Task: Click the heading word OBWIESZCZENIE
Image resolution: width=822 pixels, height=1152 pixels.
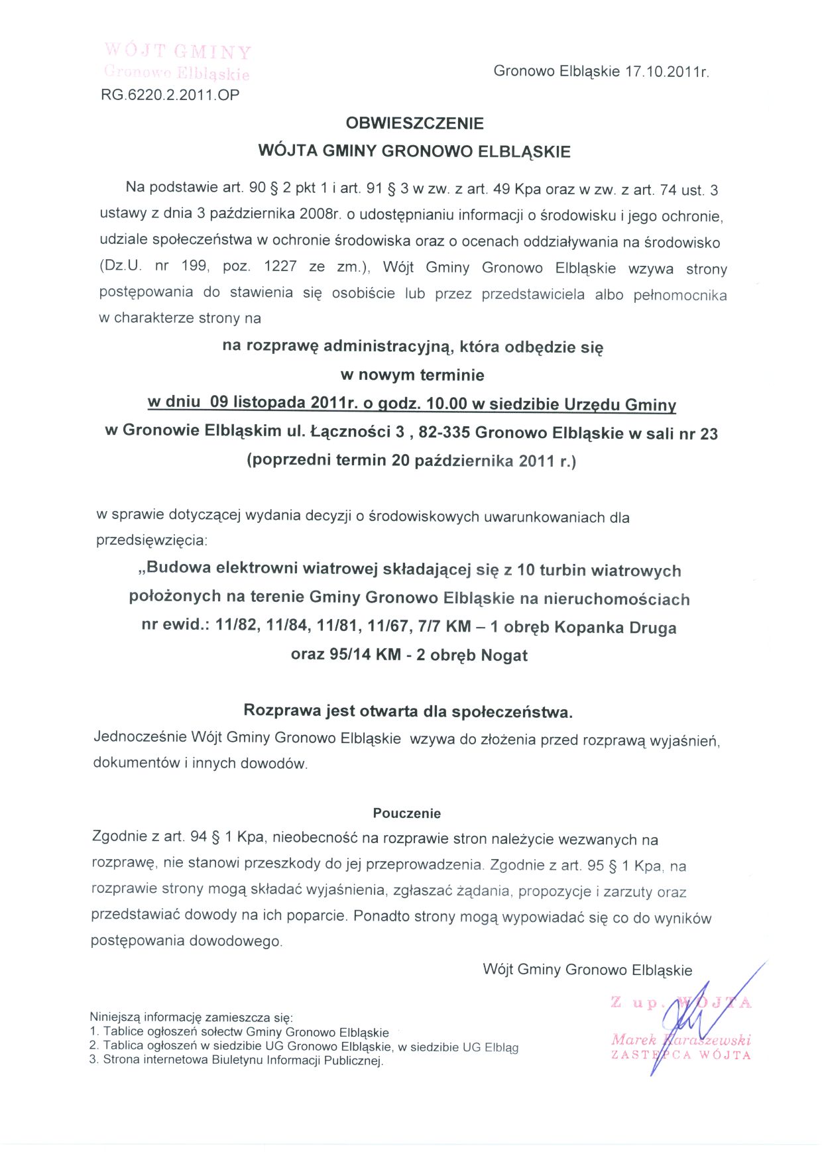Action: point(414,123)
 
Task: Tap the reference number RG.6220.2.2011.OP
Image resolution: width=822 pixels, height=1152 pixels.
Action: point(170,95)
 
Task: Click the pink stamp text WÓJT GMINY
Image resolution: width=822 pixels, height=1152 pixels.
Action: point(178,52)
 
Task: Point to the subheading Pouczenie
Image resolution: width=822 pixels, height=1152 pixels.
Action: point(406,813)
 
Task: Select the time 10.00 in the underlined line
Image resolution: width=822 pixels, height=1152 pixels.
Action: point(447,404)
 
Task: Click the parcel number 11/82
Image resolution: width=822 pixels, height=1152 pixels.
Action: point(237,626)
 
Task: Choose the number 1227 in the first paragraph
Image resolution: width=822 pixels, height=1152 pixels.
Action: point(280,266)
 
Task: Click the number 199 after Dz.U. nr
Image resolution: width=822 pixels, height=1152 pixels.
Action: point(194,266)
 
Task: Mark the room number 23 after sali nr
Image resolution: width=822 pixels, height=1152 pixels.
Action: point(709,434)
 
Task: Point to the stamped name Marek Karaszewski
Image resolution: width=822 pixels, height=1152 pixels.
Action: point(681,1039)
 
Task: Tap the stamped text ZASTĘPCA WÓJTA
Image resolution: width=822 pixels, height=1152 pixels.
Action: point(681,1055)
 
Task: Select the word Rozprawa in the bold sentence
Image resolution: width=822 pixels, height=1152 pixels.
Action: point(282,711)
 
